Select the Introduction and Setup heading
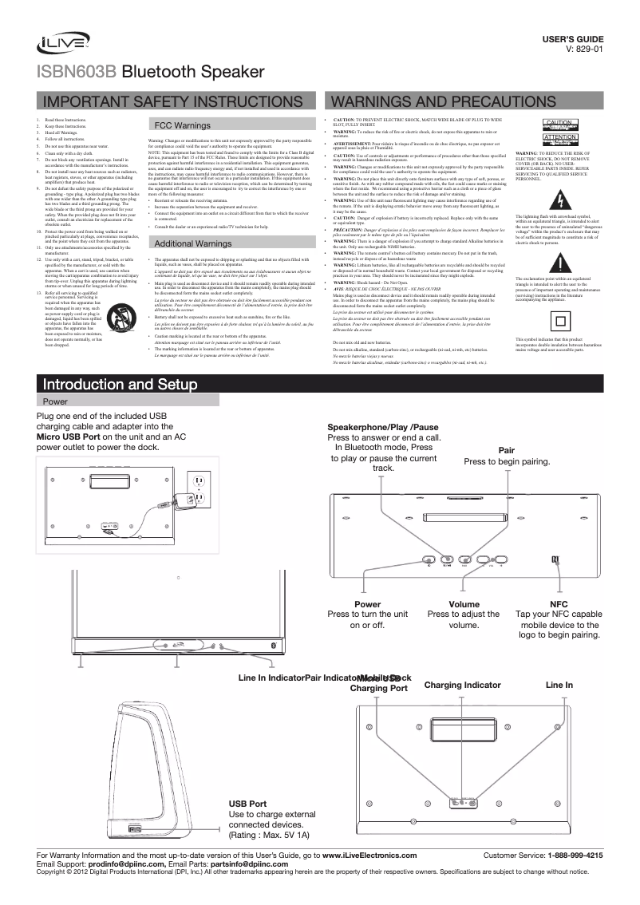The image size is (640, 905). point(119,385)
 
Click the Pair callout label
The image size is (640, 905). point(506,451)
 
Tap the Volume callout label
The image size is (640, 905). point(464,604)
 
